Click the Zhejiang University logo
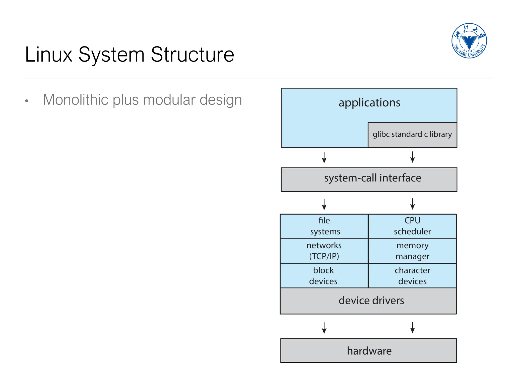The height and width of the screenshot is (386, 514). [x=469, y=41]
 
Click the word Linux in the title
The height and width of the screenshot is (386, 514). [x=49, y=55]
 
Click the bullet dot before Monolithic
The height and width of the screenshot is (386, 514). [x=27, y=101]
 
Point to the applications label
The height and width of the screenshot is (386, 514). [x=369, y=103]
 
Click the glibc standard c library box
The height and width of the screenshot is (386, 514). [x=412, y=134]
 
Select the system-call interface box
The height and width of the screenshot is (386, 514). [x=369, y=179]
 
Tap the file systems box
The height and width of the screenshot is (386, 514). [x=324, y=226]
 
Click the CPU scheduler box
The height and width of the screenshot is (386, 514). [x=412, y=226]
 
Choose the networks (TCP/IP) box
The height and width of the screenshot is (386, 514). [x=324, y=251]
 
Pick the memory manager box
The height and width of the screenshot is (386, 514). [x=412, y=251]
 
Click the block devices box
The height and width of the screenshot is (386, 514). [x=324, y=275]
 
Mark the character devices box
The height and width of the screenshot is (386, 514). [x=412, y=275]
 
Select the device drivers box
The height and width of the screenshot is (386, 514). [x=368, y=301]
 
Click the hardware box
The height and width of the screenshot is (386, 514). [x=368, y=351]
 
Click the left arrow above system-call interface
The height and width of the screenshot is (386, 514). [x=324, y=158]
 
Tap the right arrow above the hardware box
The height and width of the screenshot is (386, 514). [x=412, y=327]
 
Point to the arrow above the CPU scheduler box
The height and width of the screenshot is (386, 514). [x=412, y=204]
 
